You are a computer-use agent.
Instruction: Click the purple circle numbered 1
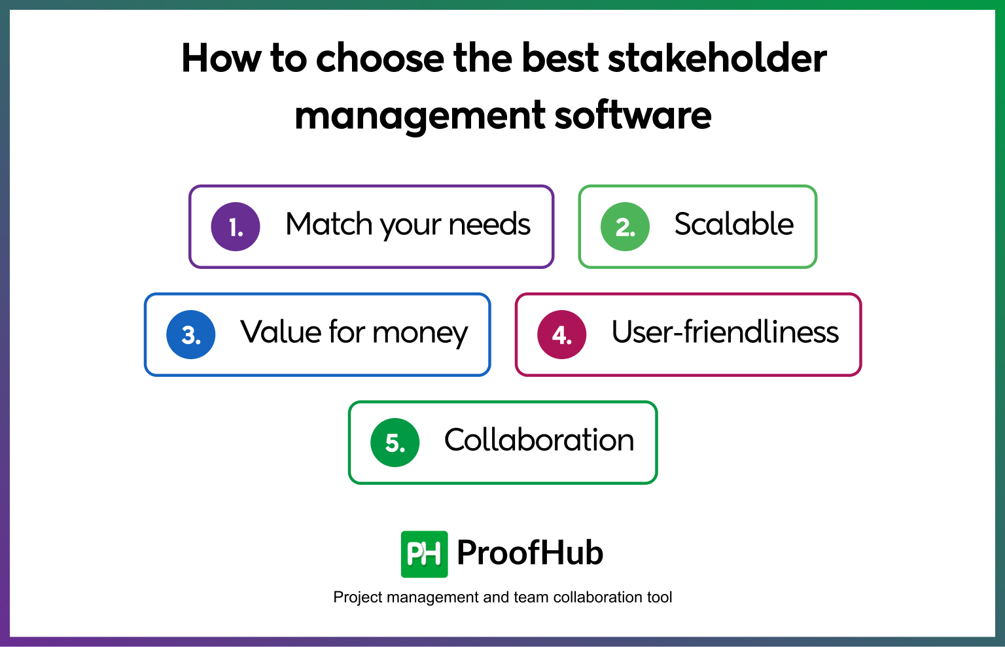pos(236,227)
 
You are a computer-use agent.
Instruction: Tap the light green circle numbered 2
pos(625,227)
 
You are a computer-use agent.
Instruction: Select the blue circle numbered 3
pos(191,335)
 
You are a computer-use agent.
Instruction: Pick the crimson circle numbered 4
pos(561,335)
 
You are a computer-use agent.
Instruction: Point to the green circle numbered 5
pos(395,443)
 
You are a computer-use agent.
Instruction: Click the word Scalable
pos(733,224)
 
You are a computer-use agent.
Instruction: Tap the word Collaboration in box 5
pos(539,440)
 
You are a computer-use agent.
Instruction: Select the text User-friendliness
pos(725,332)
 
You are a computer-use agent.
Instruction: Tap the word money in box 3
pos(420,334)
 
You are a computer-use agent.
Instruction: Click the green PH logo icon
pos(424,554)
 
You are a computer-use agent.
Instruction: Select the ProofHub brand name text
pos(530,553)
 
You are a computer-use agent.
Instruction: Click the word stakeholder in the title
pos(717,58)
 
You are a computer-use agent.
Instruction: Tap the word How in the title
pos(221,58)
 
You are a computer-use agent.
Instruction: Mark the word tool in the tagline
pos(660,597)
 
